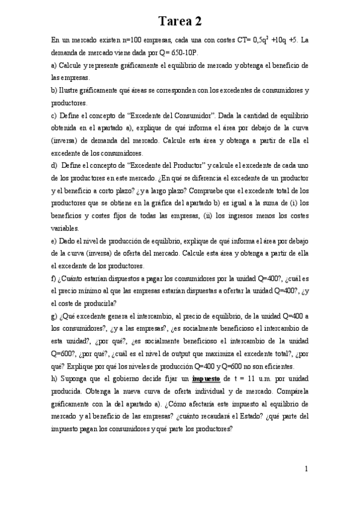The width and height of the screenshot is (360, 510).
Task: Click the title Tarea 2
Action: tap(180, 22)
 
